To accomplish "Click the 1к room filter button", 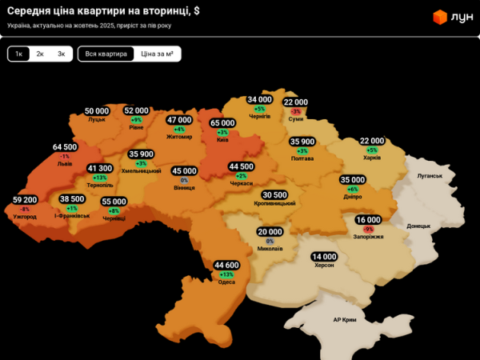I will click(x=18, y=54).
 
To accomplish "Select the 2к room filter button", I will click(x=40, y=54).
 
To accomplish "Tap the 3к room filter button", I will click(x=61, y=54).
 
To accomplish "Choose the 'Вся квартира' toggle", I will click(x=106, y=54).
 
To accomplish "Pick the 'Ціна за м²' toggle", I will click(x=157, y=54).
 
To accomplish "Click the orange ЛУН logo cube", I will click(x=438, y=16).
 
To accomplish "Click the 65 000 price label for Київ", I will click(x=222, y=123).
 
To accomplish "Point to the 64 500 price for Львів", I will click(x=65, y=147).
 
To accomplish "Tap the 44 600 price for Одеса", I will click(x=226, y=265).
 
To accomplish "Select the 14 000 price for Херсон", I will click(x=324, y=256).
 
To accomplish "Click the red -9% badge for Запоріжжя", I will click(x=368, y=229).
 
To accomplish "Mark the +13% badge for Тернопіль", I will click(x=99, y=178).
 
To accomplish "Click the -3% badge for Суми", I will click(x=295, y=111).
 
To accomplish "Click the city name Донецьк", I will click(x=418, y=226).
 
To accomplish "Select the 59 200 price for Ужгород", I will click(x=25, y=199).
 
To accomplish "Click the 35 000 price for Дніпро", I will click(x=353, y=180).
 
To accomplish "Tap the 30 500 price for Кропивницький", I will click(x=274, y=194).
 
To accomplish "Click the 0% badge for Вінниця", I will click(x=184, y=180).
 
